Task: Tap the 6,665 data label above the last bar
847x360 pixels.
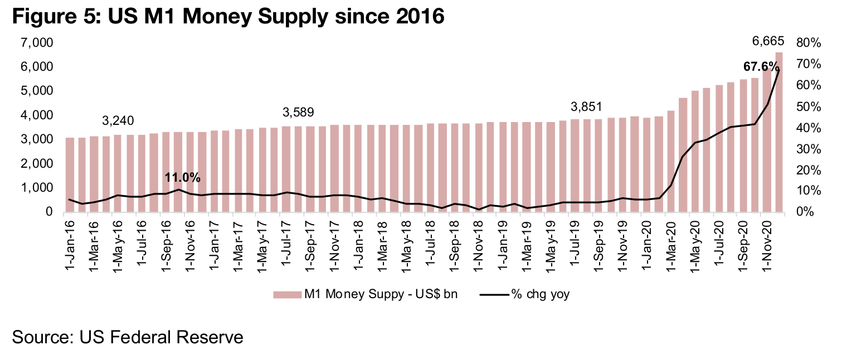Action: [768, 41]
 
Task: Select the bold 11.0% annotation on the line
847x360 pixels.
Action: [182, 178]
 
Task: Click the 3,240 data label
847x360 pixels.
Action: [118, 121]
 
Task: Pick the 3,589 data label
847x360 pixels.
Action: [298, 113]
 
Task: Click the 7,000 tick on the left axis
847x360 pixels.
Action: [37, 43]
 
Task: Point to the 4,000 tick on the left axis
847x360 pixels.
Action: [37, 115]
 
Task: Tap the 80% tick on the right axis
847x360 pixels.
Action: [809, 43]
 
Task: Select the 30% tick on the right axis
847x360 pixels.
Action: [809, 149]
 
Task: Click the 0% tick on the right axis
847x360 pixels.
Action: [806, 212]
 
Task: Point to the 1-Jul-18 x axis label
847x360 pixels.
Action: [430, 242]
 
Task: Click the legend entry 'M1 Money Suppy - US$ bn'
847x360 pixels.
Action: [365, 294]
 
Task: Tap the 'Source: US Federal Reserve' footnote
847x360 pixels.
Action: [128, 337]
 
